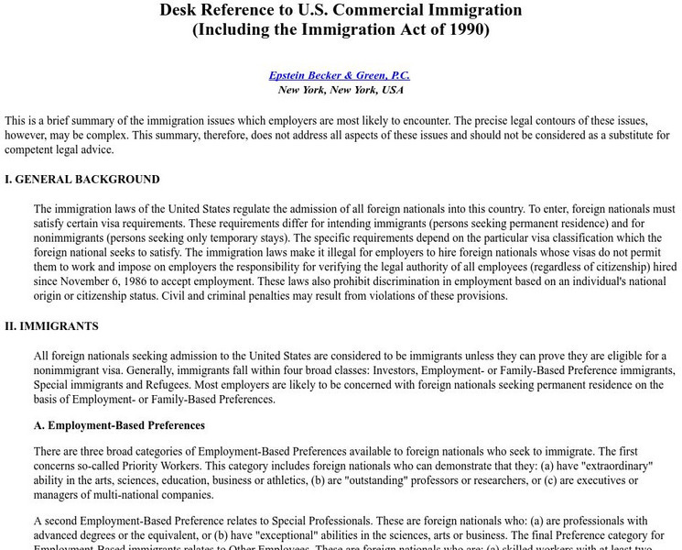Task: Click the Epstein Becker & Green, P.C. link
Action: coord(341,74)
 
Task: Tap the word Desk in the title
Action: coord(180,10)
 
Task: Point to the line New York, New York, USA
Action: coord(341,90)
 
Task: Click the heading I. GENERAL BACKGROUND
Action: coord(82,180)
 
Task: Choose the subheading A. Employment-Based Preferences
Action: coord(119,425)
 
